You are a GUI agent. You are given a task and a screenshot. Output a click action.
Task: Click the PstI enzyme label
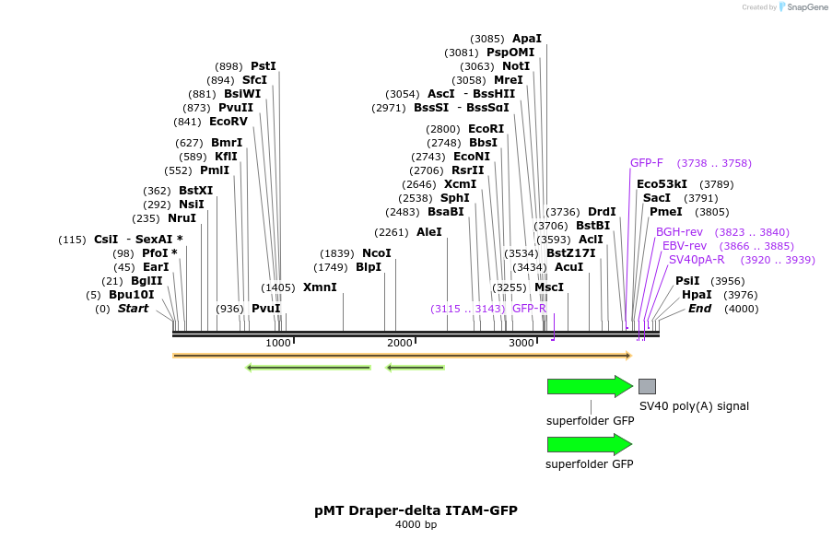pyautogui.click(x=264, y=66)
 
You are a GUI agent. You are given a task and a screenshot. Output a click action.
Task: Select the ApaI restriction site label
pyautogui.click(x=527, y=39)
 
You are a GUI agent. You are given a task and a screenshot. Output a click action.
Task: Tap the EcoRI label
pyautogui.click(x=486, y=129)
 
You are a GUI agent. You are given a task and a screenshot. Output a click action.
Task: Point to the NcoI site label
pyautogui.click(x=377, y=253)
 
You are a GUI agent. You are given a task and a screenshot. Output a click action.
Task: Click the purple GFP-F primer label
pyautogui.click(x=647, y=163)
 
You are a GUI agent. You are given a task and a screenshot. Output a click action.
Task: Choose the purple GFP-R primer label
pyautogui.click(x=530, y=309)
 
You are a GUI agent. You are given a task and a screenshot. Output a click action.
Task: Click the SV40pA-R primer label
pyautogui.click(x=697, y=260)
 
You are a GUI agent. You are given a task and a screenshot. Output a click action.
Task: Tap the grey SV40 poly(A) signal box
pyautogui.click(x=648, y=386)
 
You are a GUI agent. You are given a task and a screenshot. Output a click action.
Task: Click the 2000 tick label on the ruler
pyautogui.click(x=400, y=343)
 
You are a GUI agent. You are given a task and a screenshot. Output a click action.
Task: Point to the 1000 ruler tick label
pyautogui.click(x=278, y=343)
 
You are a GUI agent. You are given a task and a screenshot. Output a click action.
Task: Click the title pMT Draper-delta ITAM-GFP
pyautogui.click(x=416, y=510)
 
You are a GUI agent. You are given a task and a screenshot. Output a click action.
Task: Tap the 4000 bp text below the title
pyautogui.click(x=416, y=525)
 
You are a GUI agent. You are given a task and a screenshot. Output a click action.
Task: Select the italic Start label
pyautogui.click(x=133, y=309)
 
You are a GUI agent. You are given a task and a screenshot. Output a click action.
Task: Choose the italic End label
pyautogui.click(x=700, y=309)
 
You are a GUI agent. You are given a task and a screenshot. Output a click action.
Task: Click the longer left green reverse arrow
pyautogui.click(x=309, y=368)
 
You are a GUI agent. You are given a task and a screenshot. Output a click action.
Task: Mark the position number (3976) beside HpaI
pyautogui.click(x=740, y=295)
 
